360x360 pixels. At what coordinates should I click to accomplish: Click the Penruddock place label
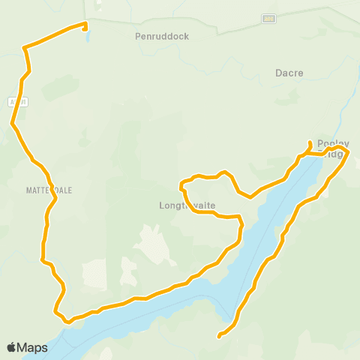162,35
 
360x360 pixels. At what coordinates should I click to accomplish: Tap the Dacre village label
289,73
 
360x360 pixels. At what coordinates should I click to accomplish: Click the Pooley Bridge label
334,148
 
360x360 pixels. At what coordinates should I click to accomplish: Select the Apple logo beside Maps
12,347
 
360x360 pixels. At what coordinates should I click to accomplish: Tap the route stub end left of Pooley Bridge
310,142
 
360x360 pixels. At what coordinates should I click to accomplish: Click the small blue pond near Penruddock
88,35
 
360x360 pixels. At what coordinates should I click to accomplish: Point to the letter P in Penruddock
138,35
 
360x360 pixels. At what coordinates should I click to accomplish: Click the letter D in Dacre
277,73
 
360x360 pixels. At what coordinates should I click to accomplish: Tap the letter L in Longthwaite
162,205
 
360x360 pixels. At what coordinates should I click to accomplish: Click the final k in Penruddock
186,35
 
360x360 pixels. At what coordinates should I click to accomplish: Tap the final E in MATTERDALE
70,190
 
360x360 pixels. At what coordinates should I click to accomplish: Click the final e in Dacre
300,73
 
